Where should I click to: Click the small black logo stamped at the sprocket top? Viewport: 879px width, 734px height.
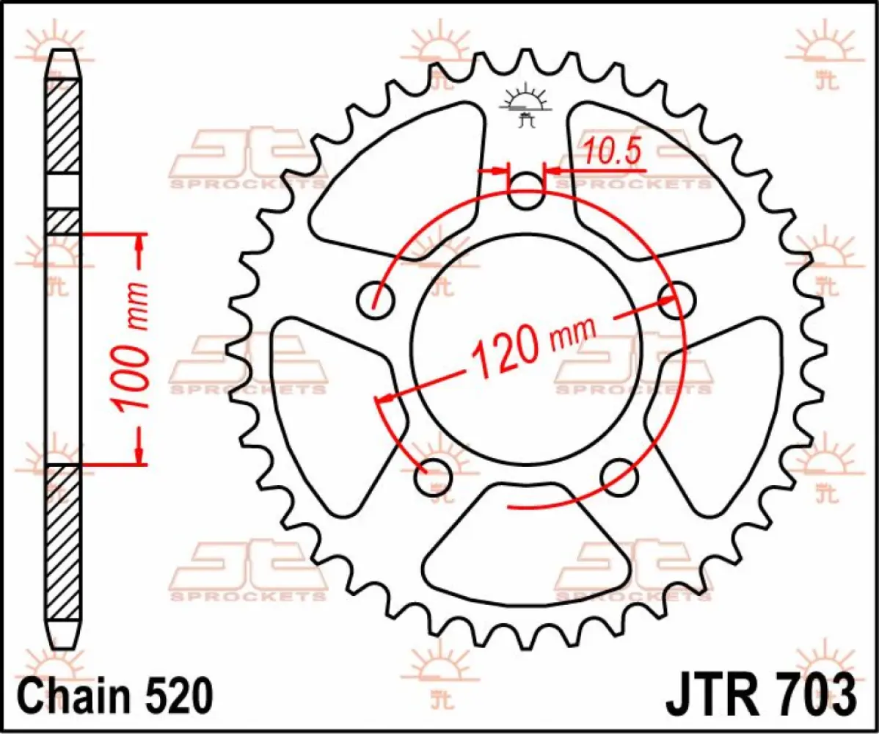(524, 106)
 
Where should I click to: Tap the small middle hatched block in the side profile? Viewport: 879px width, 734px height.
(64, 222)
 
